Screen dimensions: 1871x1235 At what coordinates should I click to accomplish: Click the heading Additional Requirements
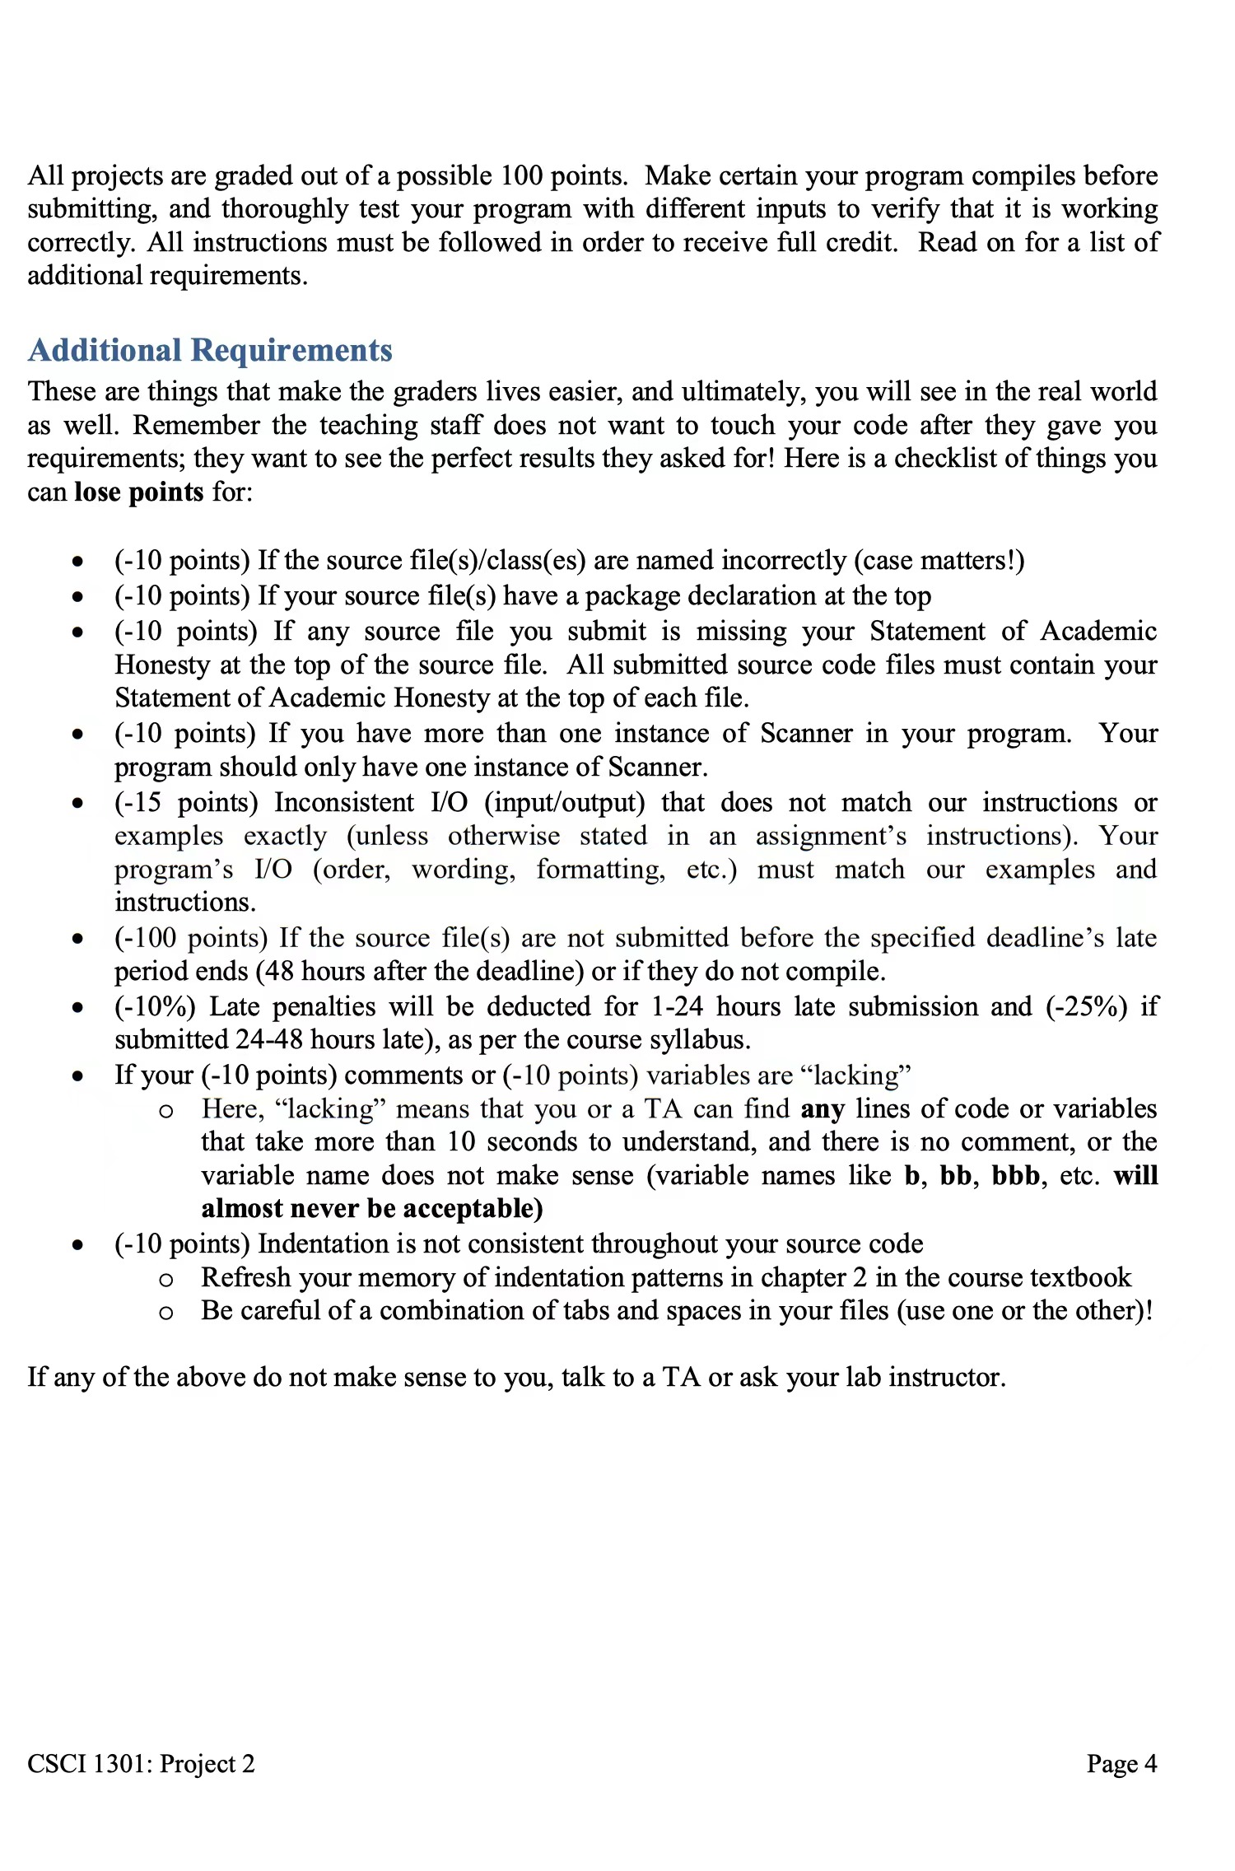click(210, 350)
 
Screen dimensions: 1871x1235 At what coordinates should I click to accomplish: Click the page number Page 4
click(1121, 1763)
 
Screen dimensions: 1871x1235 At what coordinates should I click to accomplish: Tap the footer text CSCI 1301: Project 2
click(141, 1763)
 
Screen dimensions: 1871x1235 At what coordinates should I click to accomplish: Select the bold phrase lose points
click(138, 492)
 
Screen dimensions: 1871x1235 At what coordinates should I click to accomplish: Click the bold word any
click(823, 1108)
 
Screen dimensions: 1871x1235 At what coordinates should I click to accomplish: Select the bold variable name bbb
click(1015, 1175)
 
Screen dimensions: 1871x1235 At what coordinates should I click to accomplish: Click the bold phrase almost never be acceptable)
click(372, 1208)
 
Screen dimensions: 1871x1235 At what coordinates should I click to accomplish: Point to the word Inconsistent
click(344, 802)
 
